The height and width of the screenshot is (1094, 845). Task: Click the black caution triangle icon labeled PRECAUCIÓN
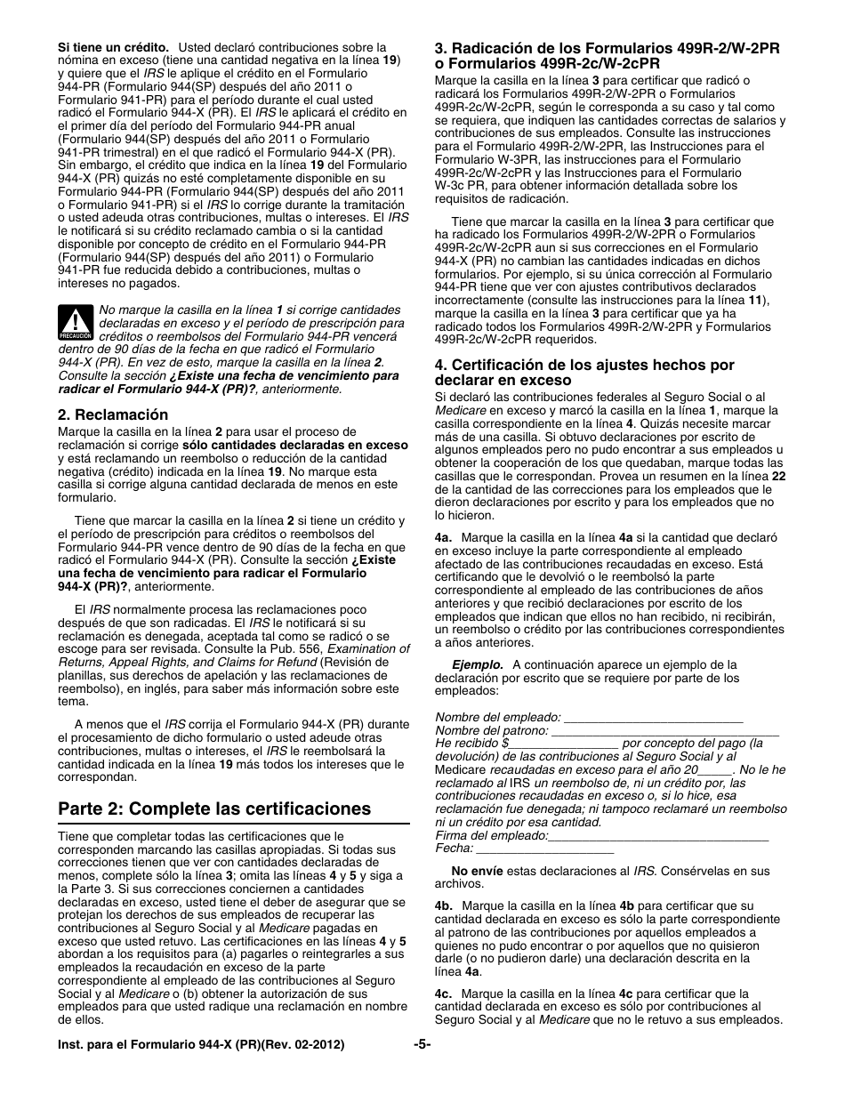point(76,324)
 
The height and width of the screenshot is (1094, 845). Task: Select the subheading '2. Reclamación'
point(113,414)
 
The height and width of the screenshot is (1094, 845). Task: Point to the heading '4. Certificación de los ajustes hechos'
point(584,372)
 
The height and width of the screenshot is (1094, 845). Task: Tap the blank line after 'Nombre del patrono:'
point(664,730)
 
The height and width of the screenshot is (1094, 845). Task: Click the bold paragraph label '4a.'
point(444,538)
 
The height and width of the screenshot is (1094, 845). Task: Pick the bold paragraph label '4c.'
point(444,993)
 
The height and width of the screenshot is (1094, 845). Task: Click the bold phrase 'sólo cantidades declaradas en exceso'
point(295,445)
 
